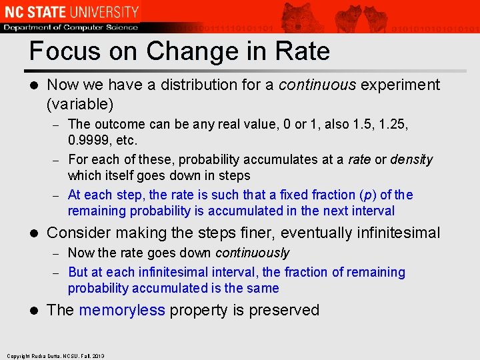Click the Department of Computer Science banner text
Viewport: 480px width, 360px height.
click(x=71, y=27)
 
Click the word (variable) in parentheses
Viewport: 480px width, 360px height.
click(x=80, y=105)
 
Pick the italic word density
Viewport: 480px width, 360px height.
click(x=411, y=160)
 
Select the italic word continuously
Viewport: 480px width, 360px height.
click(x=252, y=253)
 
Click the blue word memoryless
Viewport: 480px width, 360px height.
click(x=121, y=311)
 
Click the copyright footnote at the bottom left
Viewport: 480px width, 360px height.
click(x=56, y=356)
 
